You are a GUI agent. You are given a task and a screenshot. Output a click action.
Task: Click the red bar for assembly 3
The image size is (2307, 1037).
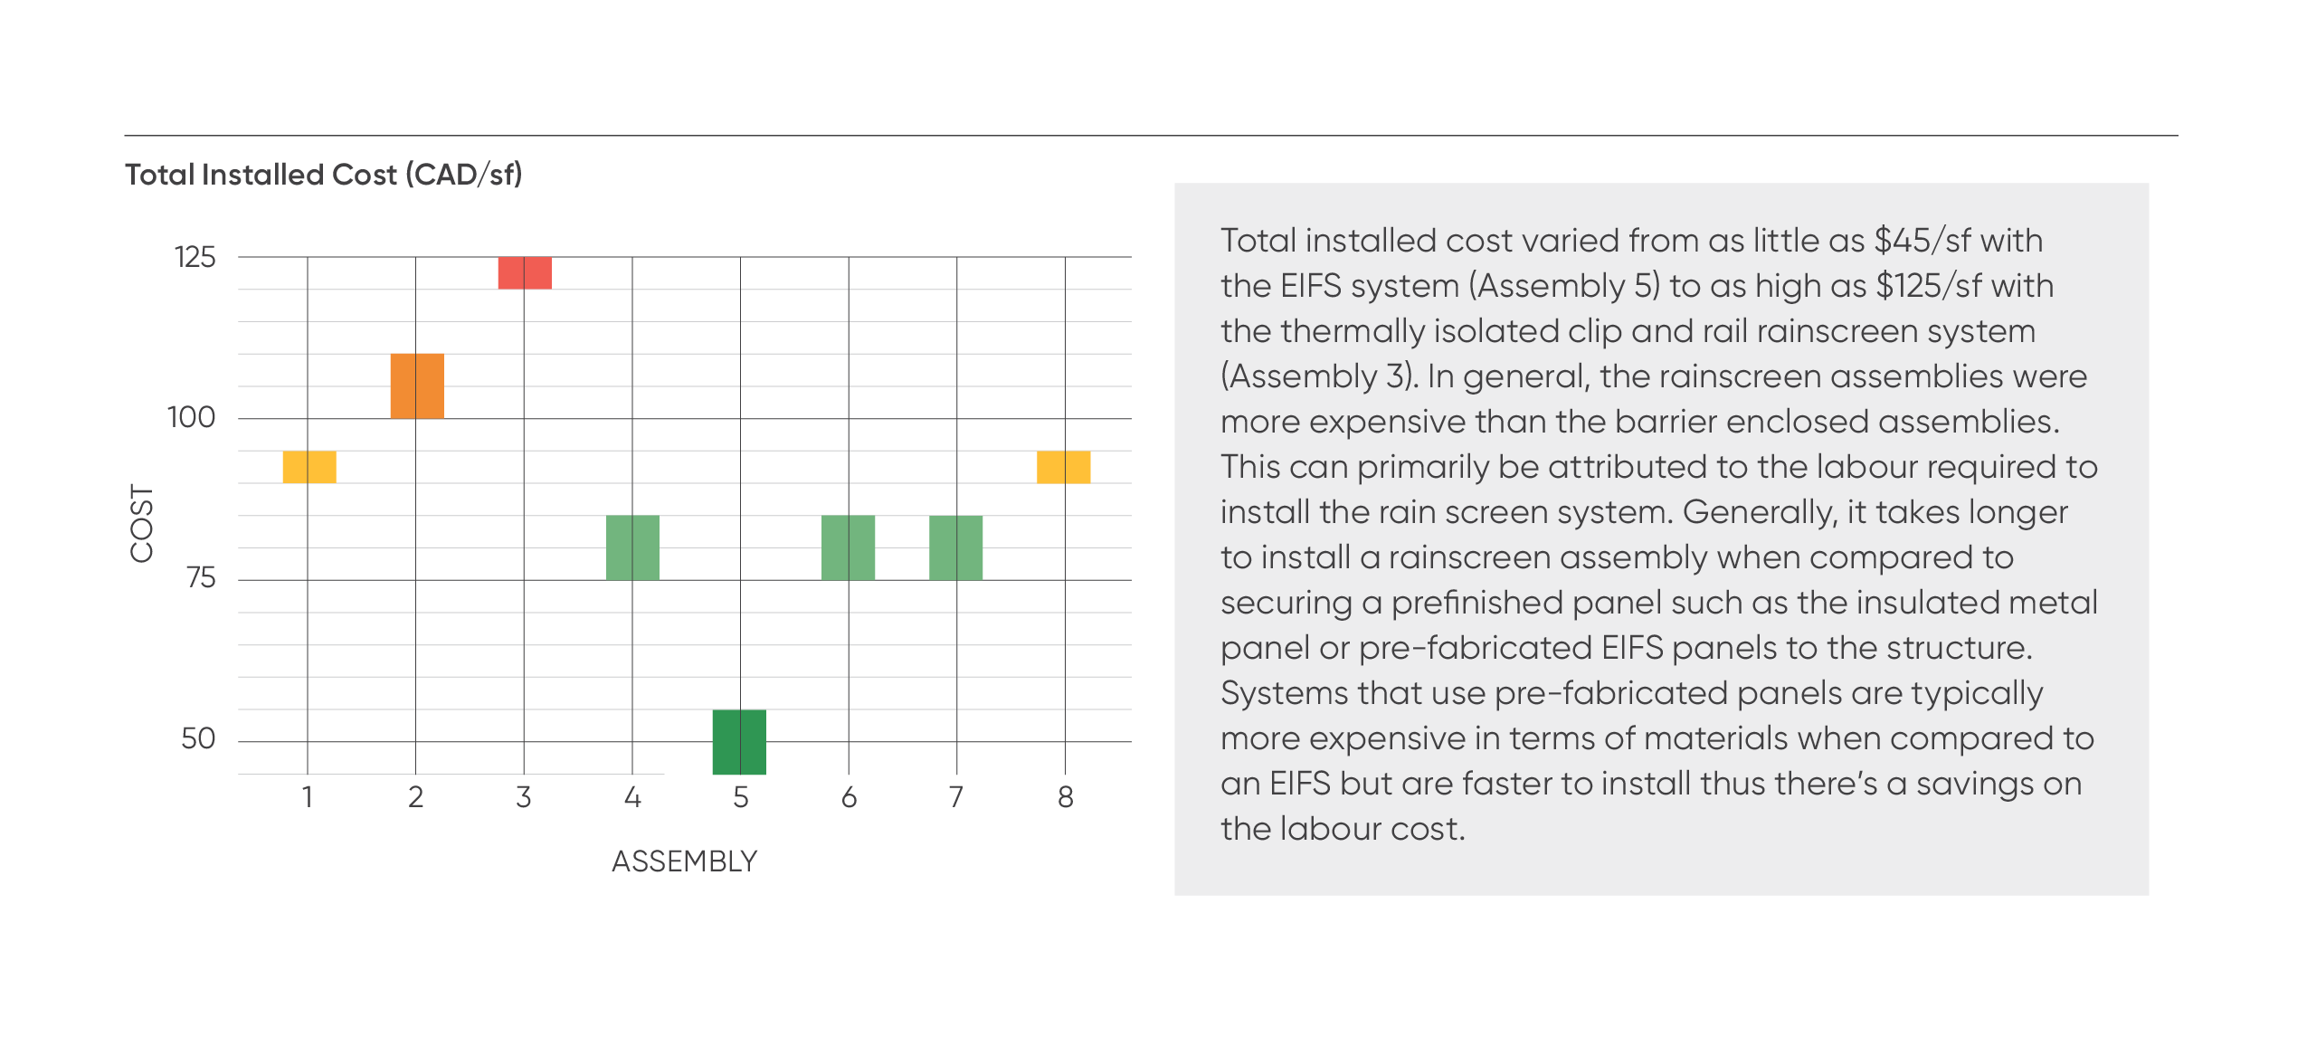525,272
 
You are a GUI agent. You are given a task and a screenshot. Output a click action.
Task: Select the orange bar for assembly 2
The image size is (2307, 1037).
417,385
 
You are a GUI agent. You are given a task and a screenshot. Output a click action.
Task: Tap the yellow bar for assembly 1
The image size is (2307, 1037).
309,467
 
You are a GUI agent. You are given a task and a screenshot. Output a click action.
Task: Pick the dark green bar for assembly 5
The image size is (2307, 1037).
739,742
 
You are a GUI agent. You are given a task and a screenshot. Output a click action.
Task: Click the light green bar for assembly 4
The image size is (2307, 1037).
632,547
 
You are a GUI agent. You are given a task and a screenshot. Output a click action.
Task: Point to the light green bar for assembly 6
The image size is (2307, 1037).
848,547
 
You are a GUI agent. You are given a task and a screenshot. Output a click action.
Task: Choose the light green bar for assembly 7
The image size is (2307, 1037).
955,547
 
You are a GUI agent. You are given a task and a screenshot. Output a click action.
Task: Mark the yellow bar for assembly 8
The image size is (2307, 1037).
1063,467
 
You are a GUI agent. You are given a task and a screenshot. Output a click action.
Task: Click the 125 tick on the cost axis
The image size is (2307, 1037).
195,257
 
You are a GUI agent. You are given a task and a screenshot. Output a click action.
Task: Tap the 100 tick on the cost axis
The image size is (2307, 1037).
192,417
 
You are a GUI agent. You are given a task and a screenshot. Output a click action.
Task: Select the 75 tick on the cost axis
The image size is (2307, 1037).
201,577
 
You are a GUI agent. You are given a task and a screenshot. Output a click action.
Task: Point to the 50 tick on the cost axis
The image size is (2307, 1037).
198,738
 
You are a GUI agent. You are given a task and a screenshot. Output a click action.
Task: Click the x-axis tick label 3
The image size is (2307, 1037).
523,797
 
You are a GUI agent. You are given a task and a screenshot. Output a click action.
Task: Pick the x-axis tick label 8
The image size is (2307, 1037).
1066,797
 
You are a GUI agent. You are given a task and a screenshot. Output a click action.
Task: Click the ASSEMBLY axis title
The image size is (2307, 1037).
685,861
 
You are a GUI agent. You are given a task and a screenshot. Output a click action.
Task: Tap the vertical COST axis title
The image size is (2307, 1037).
142,523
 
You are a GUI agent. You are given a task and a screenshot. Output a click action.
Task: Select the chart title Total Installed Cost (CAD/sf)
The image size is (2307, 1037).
324,175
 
